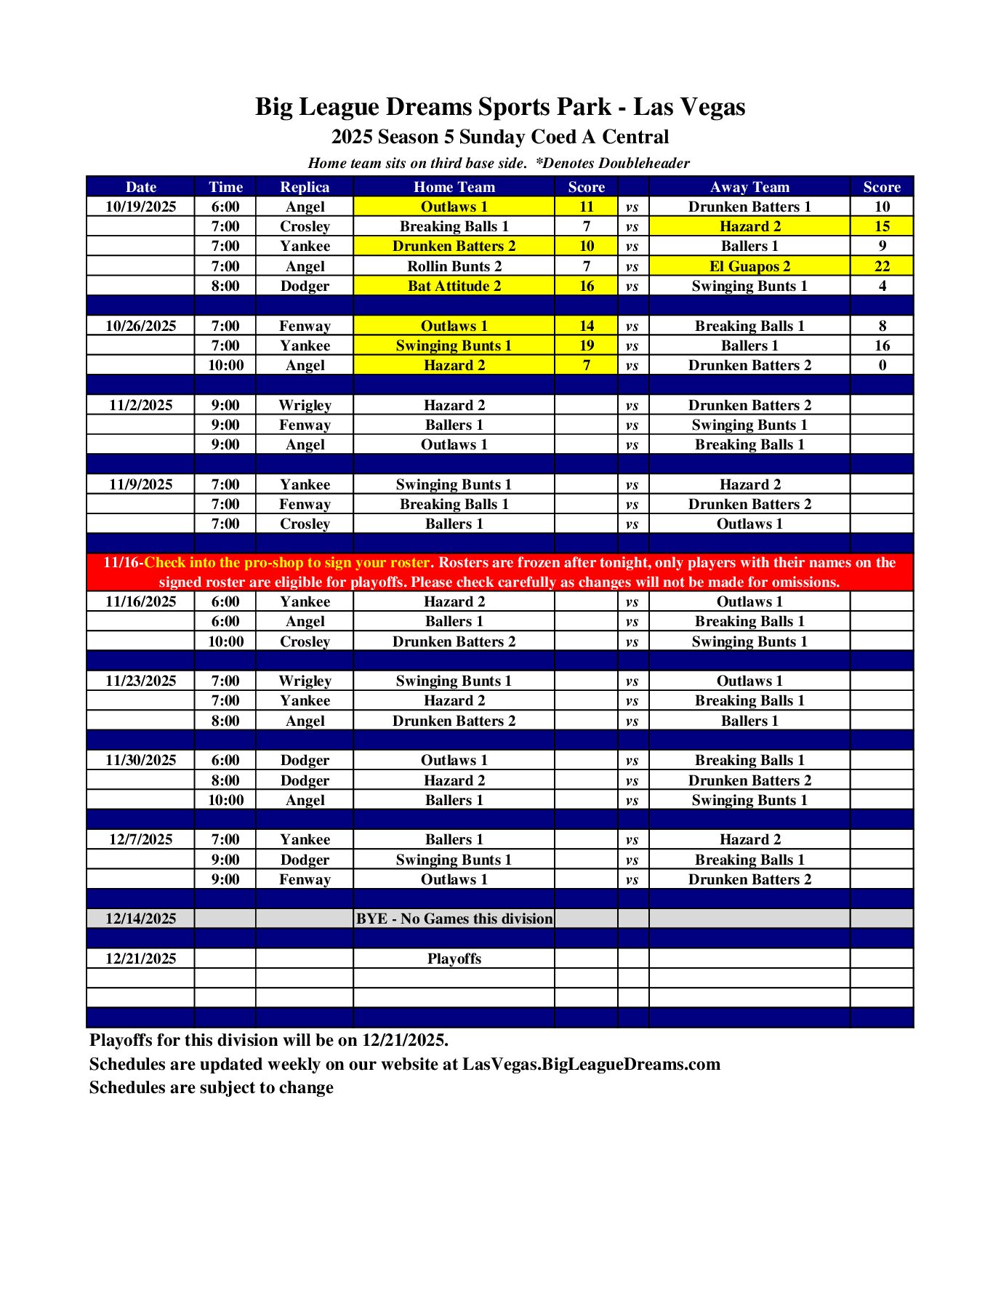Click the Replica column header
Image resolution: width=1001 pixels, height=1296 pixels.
point(305,187)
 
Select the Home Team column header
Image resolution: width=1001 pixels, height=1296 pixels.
point(454,187)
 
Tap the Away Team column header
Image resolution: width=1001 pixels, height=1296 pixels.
point(749,187)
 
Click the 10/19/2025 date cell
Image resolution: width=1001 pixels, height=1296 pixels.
point(140,207)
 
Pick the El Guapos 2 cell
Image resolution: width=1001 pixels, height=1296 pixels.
point(749,266)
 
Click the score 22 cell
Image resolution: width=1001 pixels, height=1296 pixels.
point(882,266)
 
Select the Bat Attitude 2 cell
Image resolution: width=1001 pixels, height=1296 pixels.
point(454,286)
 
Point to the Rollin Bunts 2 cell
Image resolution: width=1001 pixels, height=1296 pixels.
point(454,266)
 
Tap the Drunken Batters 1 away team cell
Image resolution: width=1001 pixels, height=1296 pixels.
point(749,207)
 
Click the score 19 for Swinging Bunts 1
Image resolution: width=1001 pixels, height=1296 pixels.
point(586,345)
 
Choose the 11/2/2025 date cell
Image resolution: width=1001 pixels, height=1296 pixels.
point(140,405)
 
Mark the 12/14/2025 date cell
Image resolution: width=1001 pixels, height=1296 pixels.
point(140,919)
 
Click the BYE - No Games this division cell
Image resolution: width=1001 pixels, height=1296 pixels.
point(454,919)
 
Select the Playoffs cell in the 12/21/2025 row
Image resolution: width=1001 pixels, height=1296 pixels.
point(454,959)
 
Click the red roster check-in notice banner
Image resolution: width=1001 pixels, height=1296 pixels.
point(499,572)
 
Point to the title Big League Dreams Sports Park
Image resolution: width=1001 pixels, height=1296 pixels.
point(499,107)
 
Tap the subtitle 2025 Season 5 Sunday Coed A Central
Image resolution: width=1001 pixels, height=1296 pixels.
point(499,137)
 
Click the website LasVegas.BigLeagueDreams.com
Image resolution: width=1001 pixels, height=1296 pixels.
point(591,1064)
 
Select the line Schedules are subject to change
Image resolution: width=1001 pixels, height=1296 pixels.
point(211,1087)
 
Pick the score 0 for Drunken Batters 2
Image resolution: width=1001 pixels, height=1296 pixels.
point(882,365)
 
